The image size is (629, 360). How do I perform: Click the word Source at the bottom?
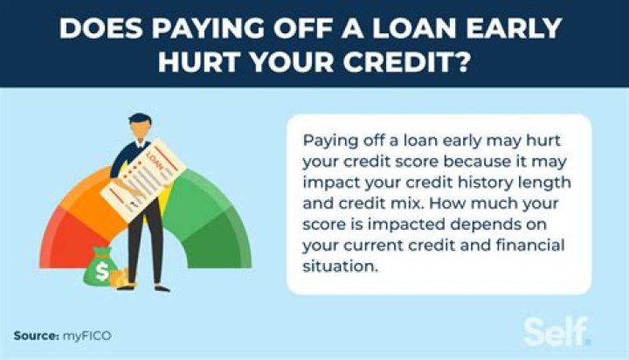point(34,336)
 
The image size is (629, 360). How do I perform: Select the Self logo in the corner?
point(556,331)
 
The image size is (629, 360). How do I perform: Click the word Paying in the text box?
point(325,141)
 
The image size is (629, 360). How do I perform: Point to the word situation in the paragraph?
point(334,267)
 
